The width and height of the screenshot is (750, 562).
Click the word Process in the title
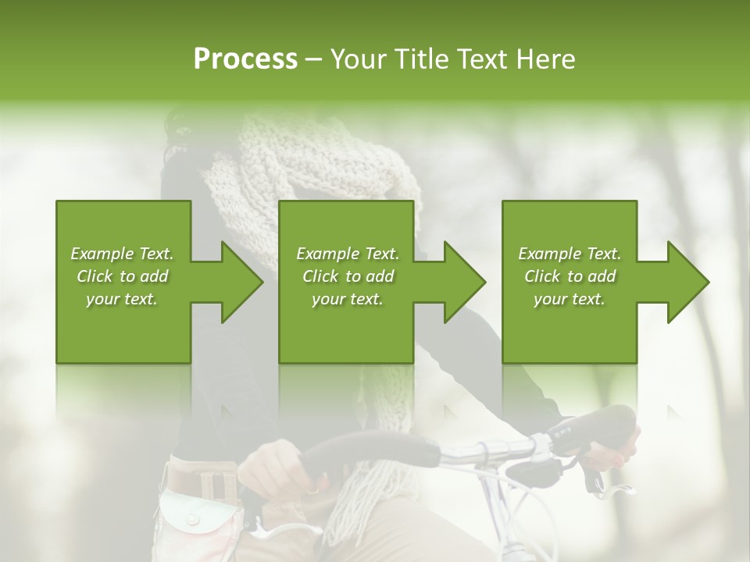245,59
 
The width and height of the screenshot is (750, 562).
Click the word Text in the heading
485,59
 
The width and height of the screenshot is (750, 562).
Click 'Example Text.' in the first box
122,254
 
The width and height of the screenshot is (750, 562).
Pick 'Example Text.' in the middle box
348,254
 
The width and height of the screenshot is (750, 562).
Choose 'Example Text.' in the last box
570,254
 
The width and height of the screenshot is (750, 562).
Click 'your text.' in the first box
122,299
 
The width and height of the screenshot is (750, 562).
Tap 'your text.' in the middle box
348,299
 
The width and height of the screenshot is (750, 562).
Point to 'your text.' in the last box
570,299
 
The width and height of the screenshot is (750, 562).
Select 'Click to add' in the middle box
348,276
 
